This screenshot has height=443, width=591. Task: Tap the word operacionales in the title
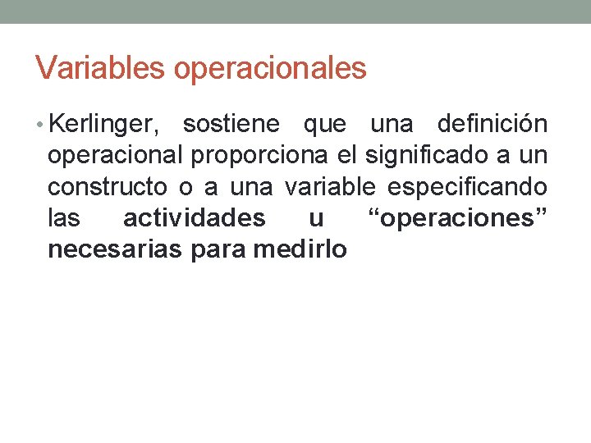click(x=270, y=69)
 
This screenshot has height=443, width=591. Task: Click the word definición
click(x=492, y=125)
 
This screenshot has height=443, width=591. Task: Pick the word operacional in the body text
click(x=115, y=156)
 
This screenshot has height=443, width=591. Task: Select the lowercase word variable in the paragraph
click(x=332, y=187)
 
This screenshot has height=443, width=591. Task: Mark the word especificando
click(x=467, y=187)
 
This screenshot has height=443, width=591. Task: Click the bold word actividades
click(x=194, y=218)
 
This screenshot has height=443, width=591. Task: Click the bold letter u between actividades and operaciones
click(x=316, y=219)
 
